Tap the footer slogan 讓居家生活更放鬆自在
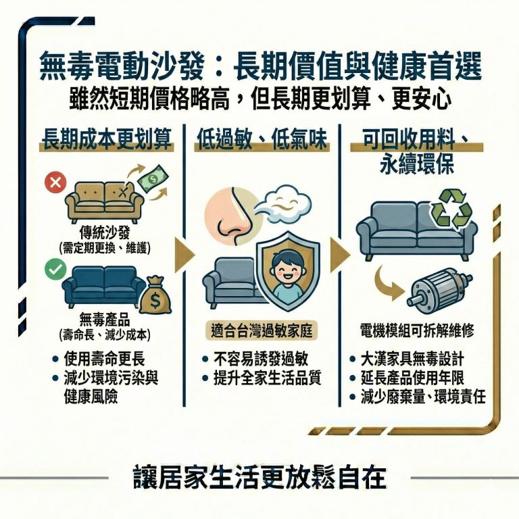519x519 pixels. pos(259,477)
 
